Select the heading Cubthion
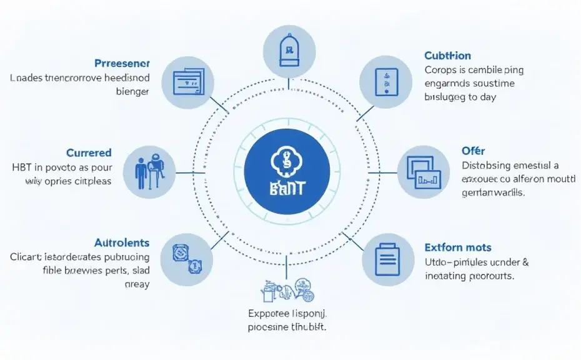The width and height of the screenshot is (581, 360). [x=447, y=56]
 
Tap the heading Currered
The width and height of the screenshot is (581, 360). [x=89, y=152]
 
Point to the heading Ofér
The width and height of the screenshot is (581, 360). [x=474, y=151]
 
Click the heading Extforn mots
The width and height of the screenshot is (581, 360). [x=457, y=247]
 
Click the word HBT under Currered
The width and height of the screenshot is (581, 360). [x=23, y=167]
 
